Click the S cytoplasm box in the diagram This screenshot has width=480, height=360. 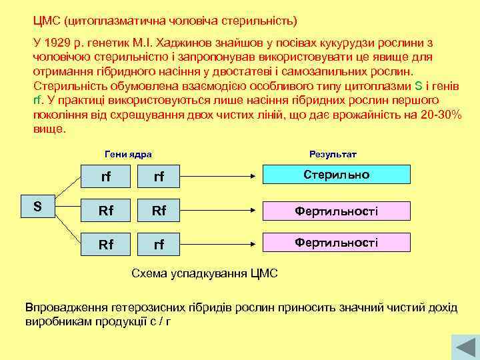[x=38, y=207]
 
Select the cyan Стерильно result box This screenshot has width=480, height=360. [x=336, y=175]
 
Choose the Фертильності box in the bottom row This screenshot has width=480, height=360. [x=336, y=242]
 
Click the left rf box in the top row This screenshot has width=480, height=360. [x=105, y=177]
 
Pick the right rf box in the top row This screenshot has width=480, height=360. [x=159, y=177]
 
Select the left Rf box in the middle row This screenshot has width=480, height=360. [x=105, y=211]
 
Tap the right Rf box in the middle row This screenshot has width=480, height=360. [x=159, y=211]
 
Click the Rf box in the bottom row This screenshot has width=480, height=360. [x=105, y=245]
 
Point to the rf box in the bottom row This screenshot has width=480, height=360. [x=159, y=245]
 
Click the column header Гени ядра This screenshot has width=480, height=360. [x=128, y=154]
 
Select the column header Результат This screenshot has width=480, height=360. [x=333, y=154]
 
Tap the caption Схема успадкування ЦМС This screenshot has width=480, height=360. [x=205, y=273]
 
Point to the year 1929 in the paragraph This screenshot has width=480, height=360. [x=58, y=42]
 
